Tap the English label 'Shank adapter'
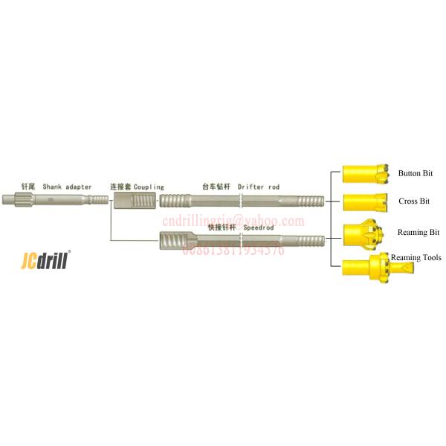68,187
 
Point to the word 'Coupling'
149,187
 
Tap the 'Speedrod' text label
258,227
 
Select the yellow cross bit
361,201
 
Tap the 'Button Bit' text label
415,174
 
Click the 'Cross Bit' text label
414,201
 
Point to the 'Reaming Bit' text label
418,233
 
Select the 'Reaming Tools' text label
416,258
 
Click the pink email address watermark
234,221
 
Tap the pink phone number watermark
233,250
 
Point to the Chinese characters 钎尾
27,187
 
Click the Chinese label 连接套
120,187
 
